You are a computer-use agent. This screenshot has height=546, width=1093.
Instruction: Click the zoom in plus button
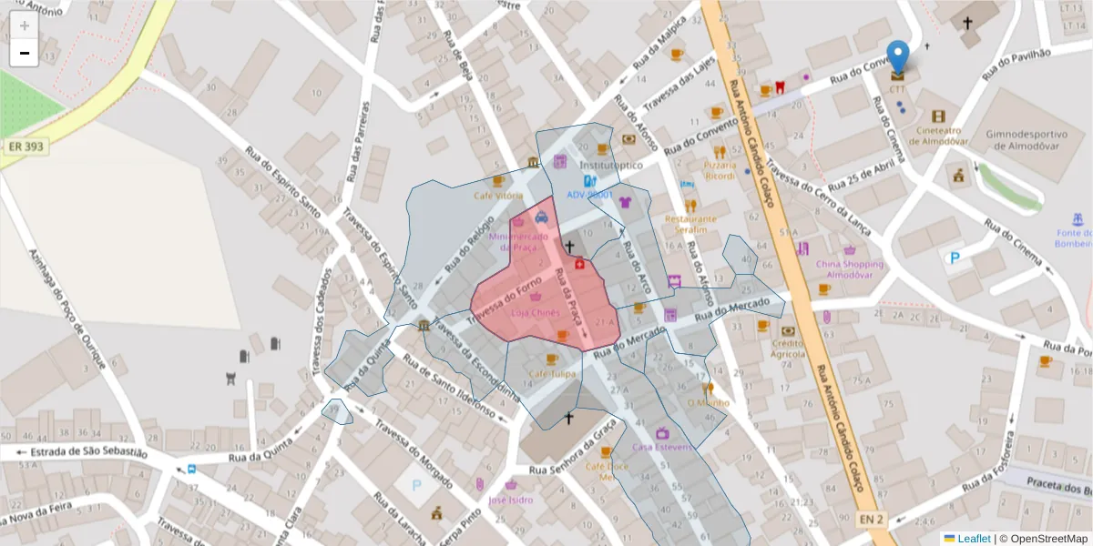click(25, 25)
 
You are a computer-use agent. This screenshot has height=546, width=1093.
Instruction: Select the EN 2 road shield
click(872, 519)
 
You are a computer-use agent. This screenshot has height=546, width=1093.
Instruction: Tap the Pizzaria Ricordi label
click(720, 170)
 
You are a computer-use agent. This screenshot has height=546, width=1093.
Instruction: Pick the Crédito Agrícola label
click(788, 349)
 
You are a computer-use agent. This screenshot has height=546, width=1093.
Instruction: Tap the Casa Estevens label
click(662, 447)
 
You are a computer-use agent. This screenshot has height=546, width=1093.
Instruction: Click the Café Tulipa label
click(552, 374)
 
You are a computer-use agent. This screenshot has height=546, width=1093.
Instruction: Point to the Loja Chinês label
click(535, 312)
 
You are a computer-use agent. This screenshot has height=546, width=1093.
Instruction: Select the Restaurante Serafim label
click(690, 224)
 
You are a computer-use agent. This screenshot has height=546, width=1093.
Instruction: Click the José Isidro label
click(510, 500)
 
